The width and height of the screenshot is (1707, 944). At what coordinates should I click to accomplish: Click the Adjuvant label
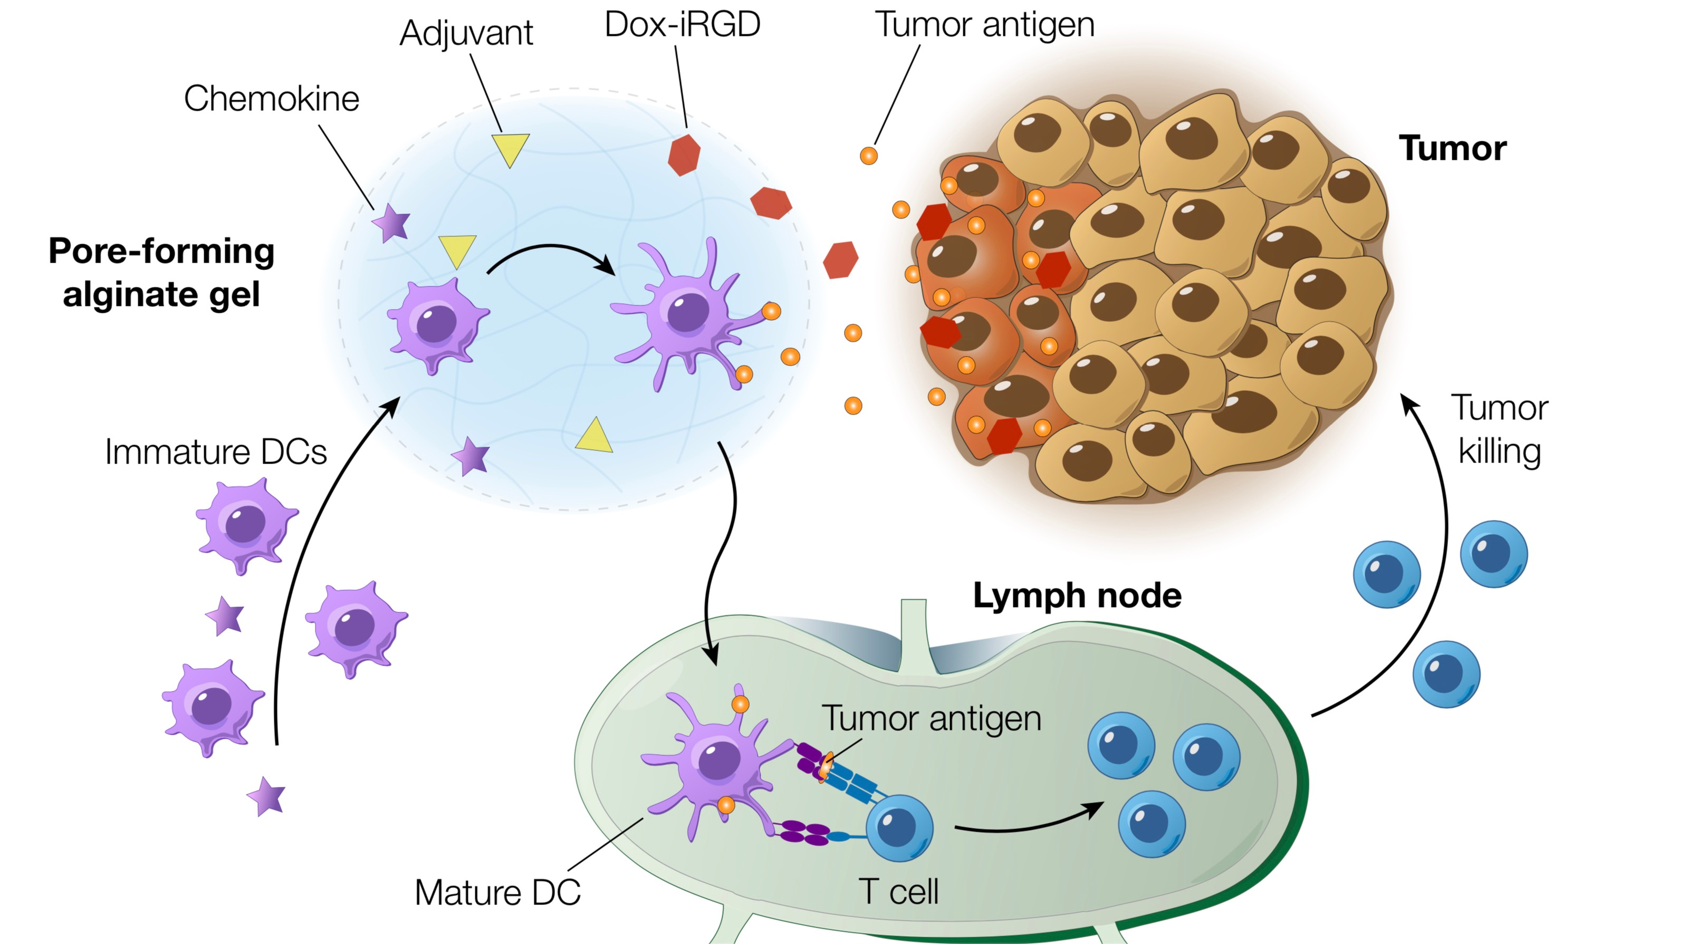coord(466,33)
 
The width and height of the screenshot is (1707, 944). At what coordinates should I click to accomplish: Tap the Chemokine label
coord(271,99)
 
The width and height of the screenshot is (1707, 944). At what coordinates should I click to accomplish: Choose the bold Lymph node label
coord(1077,595)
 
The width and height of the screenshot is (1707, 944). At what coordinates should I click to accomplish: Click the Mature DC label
coord(497,892)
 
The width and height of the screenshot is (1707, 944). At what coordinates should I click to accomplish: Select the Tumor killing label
coord(1500,429)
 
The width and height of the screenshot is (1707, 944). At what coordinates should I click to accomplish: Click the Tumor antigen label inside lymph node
coord(931,719)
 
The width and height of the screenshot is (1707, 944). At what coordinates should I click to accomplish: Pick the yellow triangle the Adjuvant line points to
coord(510,148)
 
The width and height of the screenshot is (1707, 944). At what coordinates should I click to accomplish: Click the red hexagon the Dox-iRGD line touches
coord(684,155)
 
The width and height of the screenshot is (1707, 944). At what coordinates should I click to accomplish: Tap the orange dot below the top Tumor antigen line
coord(868,156)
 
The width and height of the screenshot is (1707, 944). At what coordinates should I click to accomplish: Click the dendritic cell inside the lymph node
coord(716,762)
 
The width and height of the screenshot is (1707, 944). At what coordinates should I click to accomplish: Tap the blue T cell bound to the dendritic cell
coord(899,827)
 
